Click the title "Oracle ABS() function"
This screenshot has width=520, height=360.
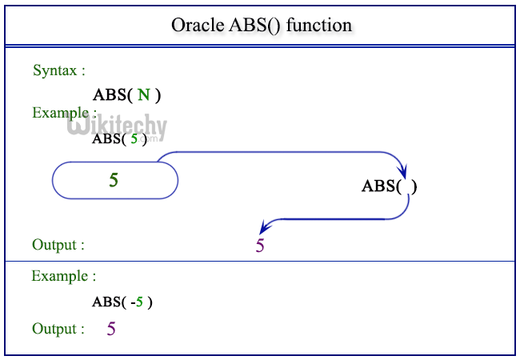click(x=262, y=25)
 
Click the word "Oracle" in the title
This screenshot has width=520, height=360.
click(x=195, y=25)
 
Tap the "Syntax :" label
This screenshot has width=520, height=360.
click(x=59, y=70)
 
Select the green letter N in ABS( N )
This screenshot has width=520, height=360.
click(x=143, y=95)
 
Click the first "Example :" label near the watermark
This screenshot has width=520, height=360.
click(x=64, y=113)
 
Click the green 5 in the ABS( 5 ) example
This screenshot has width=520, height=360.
click(x=134, y=138)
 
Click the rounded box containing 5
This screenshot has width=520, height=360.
click(x=115, y=180)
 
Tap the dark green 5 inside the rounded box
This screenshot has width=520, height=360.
click(x=114, y=180)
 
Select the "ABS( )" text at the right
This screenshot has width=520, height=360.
click(x=390, y=186)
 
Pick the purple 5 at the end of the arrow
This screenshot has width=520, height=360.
click(x=260, y=246)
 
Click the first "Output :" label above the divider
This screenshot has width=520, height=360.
click(x=58, y=245)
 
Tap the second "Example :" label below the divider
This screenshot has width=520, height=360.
click(x=63, y=276)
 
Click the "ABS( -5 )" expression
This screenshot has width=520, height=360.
click(x=122, y=302)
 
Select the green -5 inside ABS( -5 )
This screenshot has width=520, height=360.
click(x=138, y=302)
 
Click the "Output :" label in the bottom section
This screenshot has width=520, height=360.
click(x=58, y=329)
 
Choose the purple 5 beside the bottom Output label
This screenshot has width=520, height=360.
click(x=111, y=328)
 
